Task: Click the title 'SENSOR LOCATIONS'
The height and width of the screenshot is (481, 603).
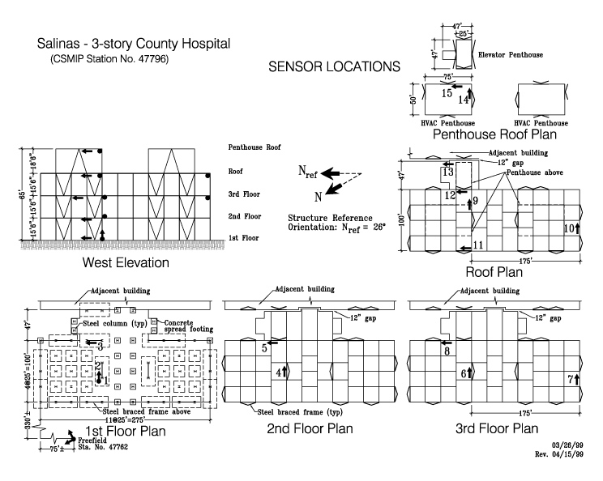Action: pyautogui.click(x=334, y=67)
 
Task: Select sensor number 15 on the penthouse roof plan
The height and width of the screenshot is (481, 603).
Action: pyautogui.click(x=447, y=93)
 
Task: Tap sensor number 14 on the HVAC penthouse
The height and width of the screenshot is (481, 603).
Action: pyautogui.click(x=464, y=100)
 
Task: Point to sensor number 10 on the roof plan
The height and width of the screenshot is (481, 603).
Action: pyautogui.click(x=569, y=228)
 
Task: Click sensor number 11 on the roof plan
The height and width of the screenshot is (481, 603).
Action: pyautogui.click(x=478, y=245)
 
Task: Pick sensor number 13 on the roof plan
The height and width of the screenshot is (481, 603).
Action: pyautogui.click(x=448, y=172)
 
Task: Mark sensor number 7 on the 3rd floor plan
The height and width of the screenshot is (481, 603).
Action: pyautogui.click(x=571, y=380)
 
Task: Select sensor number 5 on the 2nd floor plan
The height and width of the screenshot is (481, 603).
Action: pyautogui.click(x=264, y=348)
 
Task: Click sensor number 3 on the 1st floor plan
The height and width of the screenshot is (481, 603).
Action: pyautogui.click(x=100, y=347)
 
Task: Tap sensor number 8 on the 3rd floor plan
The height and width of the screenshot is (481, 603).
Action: pyautogui.click(x=447, y=351)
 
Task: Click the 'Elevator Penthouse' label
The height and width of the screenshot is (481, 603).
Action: pyautogui.click(x=511, y=55)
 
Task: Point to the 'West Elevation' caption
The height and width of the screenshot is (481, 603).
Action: pyautogui.click(x=126, y=263)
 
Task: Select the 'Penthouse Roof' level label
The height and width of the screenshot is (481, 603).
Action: pyautogui.click(x=254, y=147)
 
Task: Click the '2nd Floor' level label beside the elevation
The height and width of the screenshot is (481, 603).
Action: pyautogui.click(x=245, y=216)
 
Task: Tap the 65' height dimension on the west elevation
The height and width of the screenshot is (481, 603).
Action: pyautogui.click(x=23, y=194)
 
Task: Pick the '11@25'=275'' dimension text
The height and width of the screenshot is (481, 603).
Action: pyautogui.click(x=125, y=420)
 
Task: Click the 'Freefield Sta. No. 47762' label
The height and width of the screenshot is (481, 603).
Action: pyautogui.click(x=103, y=444)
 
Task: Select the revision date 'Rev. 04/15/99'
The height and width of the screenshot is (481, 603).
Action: pyautogui.click(x=558, y=454)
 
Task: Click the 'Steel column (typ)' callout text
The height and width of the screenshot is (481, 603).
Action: pyautogui.click(x=115, y=323)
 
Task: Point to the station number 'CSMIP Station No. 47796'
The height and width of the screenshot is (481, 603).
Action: pyautogui.click(x=109, y=59)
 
